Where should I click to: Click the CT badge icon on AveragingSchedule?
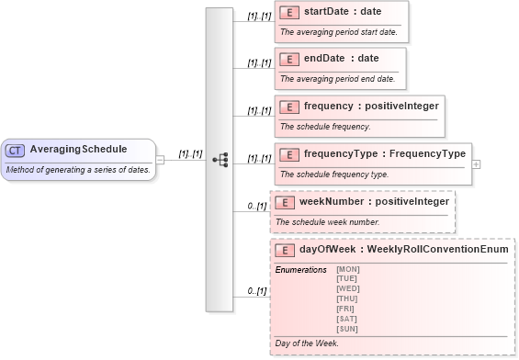tap(16, 150)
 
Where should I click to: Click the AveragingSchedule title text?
tap(78, 150)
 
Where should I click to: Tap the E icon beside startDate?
tap(289, 12)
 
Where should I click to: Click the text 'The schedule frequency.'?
tap(325, 127)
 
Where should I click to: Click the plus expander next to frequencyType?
tap(476, 163)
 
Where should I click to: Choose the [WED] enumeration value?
tap(348, 287)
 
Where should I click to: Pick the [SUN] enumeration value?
tap(348, 328)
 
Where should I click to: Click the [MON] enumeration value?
tap(348, 268)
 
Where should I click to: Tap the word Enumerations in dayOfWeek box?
tap(300, 269)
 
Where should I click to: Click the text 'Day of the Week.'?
tap(307, 343)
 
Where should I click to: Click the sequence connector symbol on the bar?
tap(220, 159)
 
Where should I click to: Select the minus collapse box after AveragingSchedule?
tap(160, 159)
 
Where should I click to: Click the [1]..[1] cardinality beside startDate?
tap(259, 17)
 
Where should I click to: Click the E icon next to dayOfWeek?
tap(286, 249)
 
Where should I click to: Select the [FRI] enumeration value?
tap(347, 308)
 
